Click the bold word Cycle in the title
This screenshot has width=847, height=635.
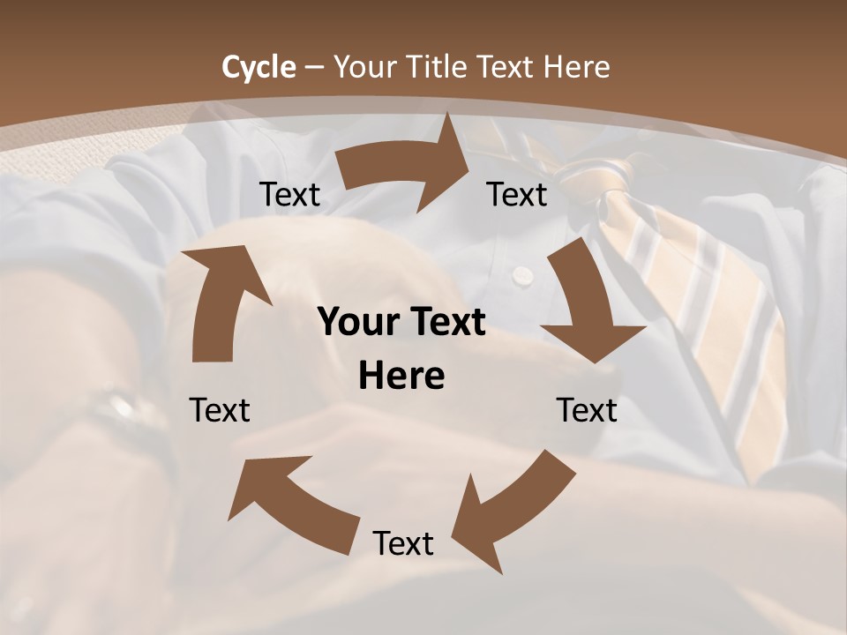pyautogui.click(x=258, y=67)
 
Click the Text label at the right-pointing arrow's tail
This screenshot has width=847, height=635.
pyautogui.click(x=289, y=195)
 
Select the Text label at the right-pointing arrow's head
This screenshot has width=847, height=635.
pyautogui.click(x=517, y=195)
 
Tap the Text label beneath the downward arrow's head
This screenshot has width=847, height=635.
pyautogui.click(x=587, y=410)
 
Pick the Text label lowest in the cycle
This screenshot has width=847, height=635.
pyautogui.click(x=402, y=543)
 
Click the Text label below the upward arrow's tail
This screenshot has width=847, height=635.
pyautogui.click(x=220, y=410)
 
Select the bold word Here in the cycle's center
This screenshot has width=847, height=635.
pyautogui.click(x=401, y=377)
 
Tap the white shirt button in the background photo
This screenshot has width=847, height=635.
pyautogui.click(x=522, y=275)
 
